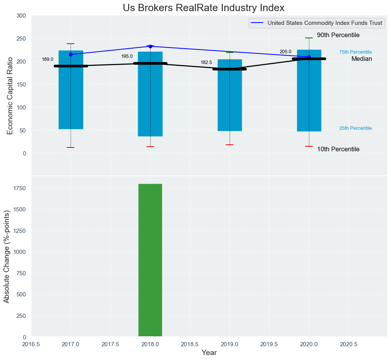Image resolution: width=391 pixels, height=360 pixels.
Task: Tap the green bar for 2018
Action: tap(150, 260)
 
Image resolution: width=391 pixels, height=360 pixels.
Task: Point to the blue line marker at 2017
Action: tap(71, 54)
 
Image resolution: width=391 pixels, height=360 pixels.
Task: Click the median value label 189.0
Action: tap(48, 59)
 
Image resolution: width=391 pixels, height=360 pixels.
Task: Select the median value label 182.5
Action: tap(206, 62)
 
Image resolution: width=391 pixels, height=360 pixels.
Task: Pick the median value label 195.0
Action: tap(127, 56)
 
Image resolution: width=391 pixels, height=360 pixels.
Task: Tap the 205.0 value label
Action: tap(286, 52)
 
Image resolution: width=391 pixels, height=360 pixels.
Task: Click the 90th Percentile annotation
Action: tap(338, 35)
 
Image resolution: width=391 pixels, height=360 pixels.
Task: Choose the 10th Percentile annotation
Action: tap(338, 149)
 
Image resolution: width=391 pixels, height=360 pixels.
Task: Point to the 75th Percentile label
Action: tap(355, 52)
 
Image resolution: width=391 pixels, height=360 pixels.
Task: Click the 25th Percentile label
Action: tap(355, 128)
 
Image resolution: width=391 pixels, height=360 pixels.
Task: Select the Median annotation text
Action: tap(361, 59)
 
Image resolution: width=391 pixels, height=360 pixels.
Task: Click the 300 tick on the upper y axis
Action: tap(21, 16)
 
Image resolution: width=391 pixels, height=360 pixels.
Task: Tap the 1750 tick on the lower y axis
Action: tap(20, 188)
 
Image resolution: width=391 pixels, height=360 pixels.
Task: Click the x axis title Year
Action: tap(209, 353)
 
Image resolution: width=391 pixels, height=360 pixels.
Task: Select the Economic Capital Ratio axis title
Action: tap(10, 96)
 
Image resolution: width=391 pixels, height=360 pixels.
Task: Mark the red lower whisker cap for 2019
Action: tap(230, 145)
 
